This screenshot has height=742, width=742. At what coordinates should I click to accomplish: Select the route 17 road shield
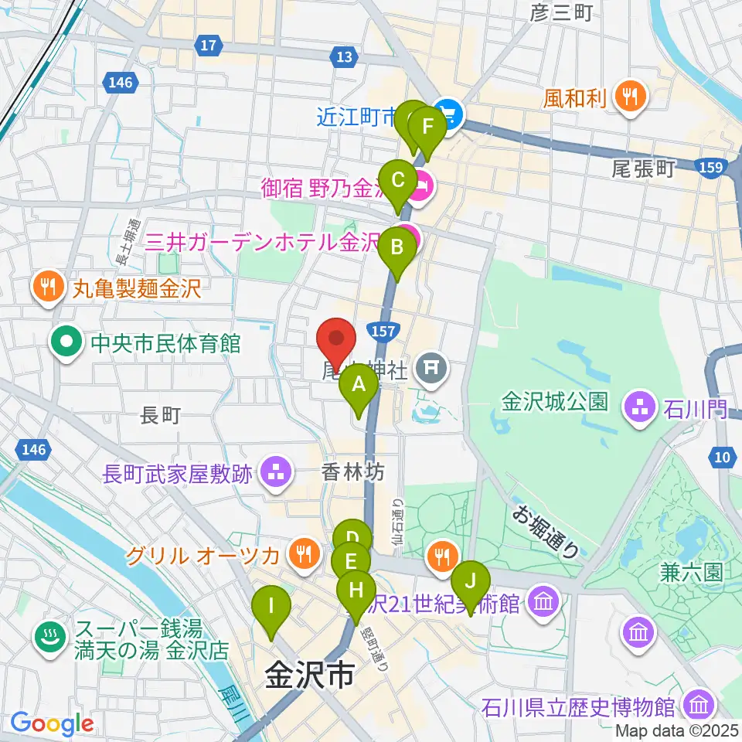[206, 46]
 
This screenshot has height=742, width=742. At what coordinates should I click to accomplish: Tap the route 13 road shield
[344, 56]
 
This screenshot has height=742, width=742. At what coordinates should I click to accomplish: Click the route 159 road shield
[708, 167]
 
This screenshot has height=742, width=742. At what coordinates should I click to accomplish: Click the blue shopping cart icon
[448, 116]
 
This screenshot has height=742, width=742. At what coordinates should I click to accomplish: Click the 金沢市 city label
[309, 675]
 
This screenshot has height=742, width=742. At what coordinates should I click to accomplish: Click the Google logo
[53, 723]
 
